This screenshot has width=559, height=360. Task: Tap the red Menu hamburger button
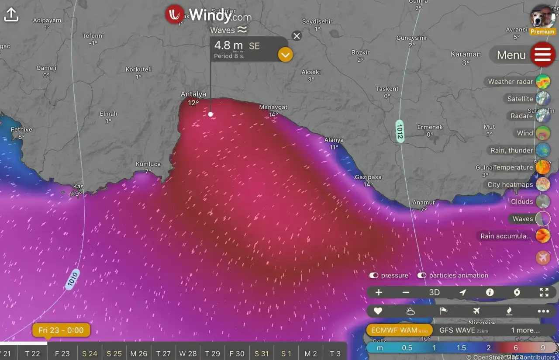pos(542,54)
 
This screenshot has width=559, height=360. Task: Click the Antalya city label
pos(193,94)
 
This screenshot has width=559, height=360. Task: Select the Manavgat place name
pos(273,107)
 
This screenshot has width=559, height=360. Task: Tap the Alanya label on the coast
pos(334,140)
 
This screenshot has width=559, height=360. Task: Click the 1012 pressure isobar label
pos(399,130)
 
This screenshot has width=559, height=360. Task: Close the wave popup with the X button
pos(297,36)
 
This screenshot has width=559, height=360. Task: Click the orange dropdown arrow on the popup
pos(285,55)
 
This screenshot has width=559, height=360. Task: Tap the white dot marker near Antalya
pos(210,114)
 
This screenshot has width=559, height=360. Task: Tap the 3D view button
pos(434,292)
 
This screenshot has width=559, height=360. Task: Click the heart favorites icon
pos(378,311)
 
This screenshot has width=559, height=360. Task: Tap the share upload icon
pos(11,15)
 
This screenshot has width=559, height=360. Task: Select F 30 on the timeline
pos(237,353)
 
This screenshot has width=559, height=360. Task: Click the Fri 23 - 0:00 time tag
pos(61,330)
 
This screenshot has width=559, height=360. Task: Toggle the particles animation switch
pos(422,275)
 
